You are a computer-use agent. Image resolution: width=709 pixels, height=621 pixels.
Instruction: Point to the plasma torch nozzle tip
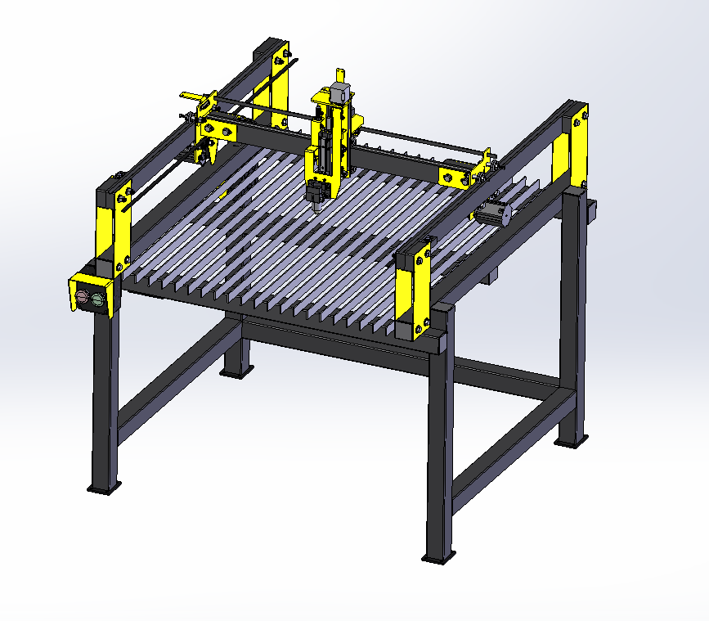coord(314,205)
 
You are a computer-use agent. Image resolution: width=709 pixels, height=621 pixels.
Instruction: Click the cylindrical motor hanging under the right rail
coord(491,214)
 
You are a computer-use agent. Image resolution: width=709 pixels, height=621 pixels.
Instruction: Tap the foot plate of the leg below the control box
coord(104,488)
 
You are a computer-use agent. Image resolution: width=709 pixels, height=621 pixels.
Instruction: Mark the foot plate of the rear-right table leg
coord(571,443)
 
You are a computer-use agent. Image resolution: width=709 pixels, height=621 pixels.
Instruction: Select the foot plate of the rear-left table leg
coord(235,373)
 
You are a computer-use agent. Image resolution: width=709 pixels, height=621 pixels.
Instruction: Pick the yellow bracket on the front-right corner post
coord(415,287)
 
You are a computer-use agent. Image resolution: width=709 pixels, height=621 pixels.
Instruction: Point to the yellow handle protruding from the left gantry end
coord(191,95)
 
